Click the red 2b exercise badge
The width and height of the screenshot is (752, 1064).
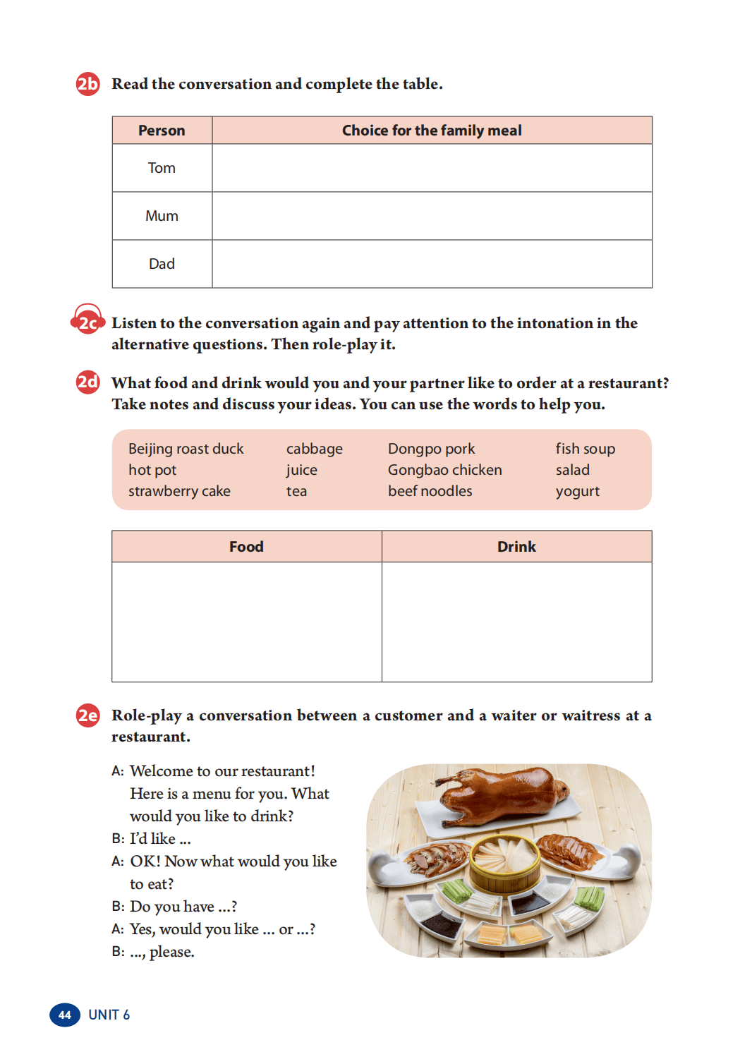click(87, 84)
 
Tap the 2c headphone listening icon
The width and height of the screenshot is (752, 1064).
click(87, 322)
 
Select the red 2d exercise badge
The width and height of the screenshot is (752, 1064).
click(87, 382)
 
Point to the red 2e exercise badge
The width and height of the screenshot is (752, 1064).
click(87, 715)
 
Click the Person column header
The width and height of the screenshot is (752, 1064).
click(162, 131)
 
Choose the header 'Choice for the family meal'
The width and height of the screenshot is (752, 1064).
click(432, 131)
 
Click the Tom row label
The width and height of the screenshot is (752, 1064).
click(162, 168)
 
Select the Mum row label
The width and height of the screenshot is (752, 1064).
click(162, 216)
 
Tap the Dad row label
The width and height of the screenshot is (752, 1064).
click(162, 264)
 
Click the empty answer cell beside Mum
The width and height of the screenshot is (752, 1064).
click(432, 216)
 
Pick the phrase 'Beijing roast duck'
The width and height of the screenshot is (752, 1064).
click(186, 449)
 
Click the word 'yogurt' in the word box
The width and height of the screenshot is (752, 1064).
click(577, 491)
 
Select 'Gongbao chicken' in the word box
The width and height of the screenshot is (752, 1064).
click(444, 470)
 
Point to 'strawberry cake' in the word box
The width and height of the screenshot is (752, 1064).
click(179, 491)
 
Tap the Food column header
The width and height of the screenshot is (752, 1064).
click(246, 547)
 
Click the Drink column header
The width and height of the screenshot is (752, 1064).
click(516, 547)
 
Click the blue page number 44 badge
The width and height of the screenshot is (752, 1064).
click(64, 1015)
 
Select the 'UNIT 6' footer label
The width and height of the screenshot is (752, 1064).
click(109, 1015)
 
